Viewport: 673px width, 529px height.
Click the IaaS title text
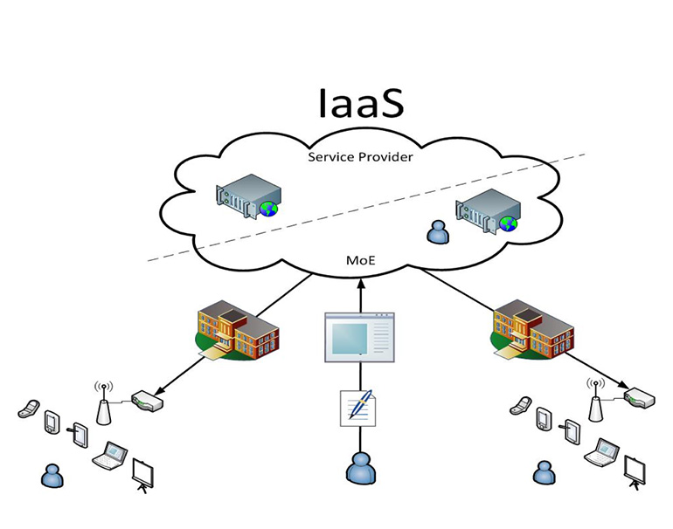click(361, 103)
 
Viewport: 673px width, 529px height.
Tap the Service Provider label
click(360, 157)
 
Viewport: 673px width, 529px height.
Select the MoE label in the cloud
click(360, 260)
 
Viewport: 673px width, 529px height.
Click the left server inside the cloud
click(248, 196)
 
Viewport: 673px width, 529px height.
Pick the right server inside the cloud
click(488, 210)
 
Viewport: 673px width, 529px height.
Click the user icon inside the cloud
click(438, 232)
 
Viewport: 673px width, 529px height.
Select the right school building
click(531, 329)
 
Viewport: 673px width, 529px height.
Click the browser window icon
click(360, 337)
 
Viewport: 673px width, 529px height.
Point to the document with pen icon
click(358, 409)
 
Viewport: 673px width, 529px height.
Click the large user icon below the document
click(361, 469)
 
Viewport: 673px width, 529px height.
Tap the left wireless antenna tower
click(103, 403)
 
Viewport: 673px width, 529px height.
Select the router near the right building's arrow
click(640, 397)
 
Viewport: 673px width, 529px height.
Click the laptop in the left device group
click(110, 456)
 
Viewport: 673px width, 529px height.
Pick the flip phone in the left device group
click(28, 409)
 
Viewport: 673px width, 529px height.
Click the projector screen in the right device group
click(635, 473)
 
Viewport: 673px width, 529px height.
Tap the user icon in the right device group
click(544, 472)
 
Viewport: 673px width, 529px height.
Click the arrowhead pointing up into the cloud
click(360, 283)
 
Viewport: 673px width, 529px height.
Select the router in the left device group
click(147, 401)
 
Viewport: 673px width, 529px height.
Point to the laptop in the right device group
click(601, 453)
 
